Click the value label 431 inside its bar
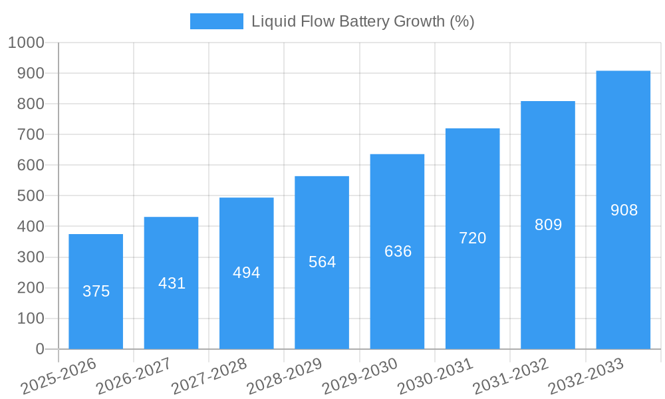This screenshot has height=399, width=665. pos(172,283)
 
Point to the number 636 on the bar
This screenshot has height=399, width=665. pos(398,251)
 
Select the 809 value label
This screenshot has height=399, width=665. pos(548,225)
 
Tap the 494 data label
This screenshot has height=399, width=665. pos(246,273)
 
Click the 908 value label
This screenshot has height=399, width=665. pos(624,210)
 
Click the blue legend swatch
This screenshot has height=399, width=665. pos(217,21)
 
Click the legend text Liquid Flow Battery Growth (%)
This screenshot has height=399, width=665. pos(362,21)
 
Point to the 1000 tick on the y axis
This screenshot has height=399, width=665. pos(26,43)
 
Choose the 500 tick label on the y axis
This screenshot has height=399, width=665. pos(30,196)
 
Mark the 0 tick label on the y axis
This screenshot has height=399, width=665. pos(39,349)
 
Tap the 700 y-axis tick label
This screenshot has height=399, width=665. pos(30,134)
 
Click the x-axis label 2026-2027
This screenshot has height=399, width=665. pos(134,376)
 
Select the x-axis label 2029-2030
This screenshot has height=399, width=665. pos(360,376)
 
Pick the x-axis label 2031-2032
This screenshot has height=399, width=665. pos(510,376)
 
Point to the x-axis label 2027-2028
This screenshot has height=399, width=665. pos(209,376)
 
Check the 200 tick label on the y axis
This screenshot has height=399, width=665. pos(30,288)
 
